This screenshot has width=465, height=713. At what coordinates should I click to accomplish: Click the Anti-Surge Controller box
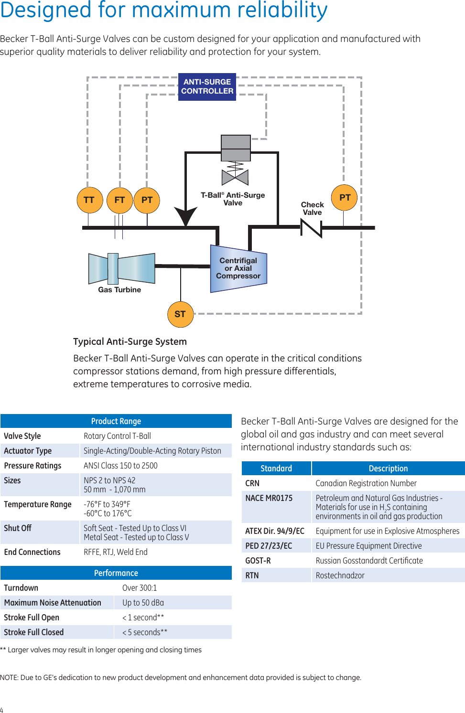[207, 86]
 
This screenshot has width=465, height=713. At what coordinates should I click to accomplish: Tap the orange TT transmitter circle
[89, 200]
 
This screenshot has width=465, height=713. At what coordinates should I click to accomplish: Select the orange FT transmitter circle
[119, 200]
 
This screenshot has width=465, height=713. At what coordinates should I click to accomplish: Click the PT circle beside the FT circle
[147, 200]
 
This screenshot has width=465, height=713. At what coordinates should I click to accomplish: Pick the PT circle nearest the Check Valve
[345, 198]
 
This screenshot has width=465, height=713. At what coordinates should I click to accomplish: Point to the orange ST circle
[180, 314]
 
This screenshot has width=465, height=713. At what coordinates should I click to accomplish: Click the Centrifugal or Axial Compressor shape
[238, 268]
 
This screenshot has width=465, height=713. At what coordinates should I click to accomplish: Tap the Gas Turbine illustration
[121, 268]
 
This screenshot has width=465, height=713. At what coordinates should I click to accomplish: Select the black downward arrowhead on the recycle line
[185, 216]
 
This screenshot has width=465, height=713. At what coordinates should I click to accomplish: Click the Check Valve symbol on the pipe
[311, 228]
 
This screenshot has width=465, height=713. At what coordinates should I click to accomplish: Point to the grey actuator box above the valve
[236, 148]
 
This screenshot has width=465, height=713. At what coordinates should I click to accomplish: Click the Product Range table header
[116, 421]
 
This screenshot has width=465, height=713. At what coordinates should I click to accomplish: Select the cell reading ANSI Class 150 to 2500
[120, 466]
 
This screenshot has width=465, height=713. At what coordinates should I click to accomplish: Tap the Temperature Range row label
[38, 504]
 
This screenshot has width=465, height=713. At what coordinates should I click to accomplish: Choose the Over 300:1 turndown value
[140, 588]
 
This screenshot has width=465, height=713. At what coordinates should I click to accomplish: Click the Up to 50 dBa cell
[143, 603]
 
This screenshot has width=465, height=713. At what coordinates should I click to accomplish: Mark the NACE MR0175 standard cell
[269, 498]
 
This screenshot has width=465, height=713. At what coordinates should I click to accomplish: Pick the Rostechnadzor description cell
[340, 575]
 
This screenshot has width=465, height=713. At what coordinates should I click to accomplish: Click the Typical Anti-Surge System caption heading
[130, 341]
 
